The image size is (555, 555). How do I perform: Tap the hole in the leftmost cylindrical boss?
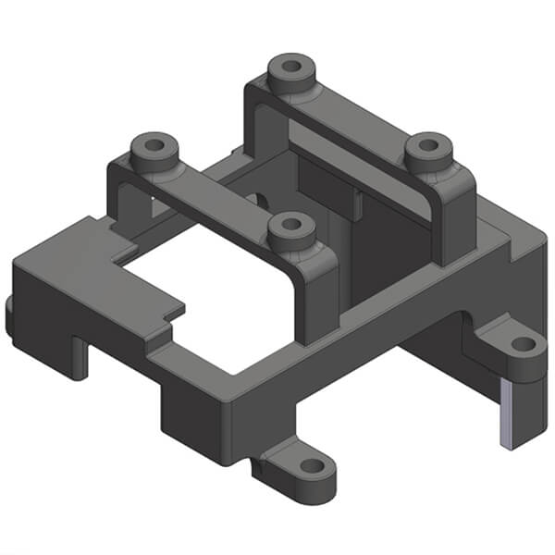click(152, 145)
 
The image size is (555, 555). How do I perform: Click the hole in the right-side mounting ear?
click(523, 344)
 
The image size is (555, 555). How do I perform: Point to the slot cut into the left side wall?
click(81, 356)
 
